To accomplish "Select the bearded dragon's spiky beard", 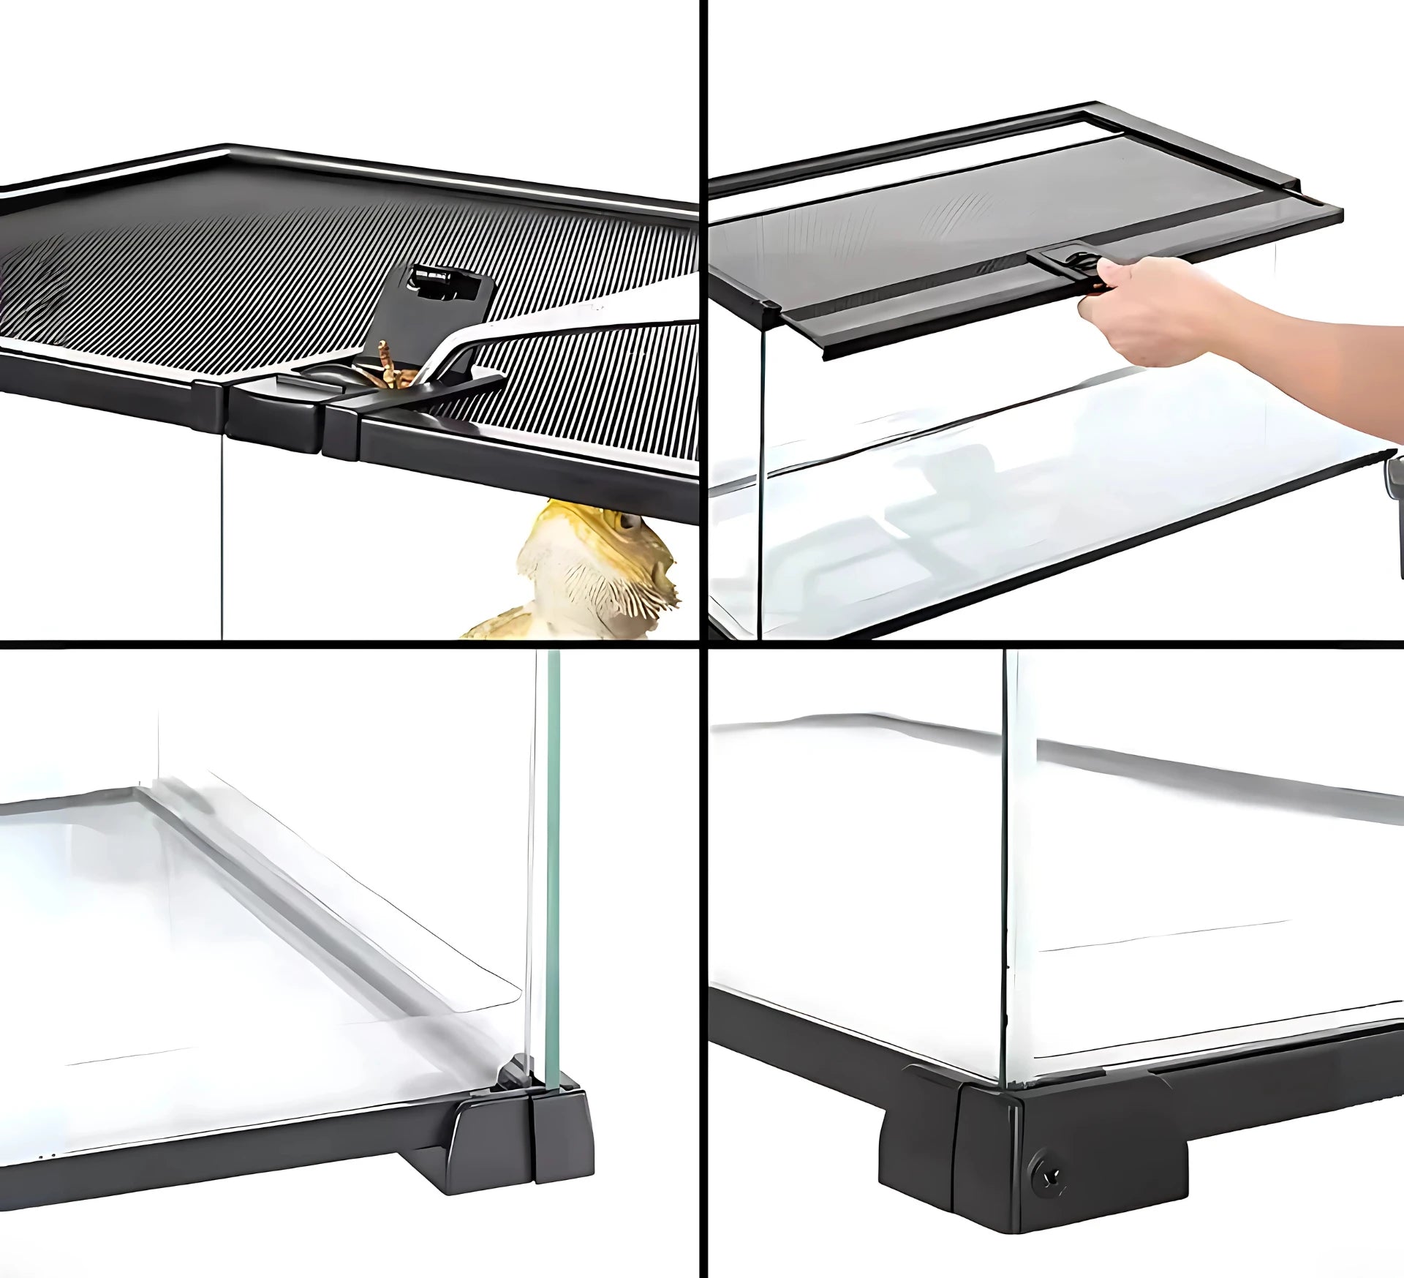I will click(x=585, y=585).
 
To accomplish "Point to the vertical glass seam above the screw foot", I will click(x=1011, y=841).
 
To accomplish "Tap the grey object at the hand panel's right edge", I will click(x=1395, y=512).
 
